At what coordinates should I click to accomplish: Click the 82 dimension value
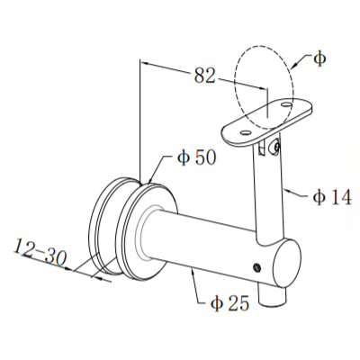205,76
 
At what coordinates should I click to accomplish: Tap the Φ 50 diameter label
195,157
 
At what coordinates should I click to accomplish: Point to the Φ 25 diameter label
229,303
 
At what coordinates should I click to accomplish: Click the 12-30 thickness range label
41,255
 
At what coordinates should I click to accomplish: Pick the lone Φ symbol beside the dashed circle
320,58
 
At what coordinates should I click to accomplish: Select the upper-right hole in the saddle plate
286,106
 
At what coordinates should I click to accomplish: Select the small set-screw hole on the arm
258,266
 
